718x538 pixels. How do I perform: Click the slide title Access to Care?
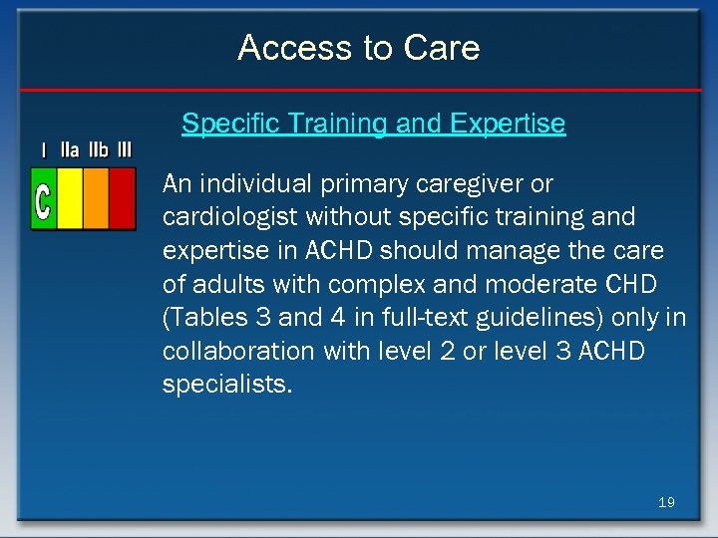point(359,48)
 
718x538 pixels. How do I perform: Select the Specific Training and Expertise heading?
point(373,124)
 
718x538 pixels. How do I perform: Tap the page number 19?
point(666,502)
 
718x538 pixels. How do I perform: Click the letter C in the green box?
point(43,199)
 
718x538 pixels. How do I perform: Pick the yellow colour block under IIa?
point(70,198)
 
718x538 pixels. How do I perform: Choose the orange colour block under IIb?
point(96,198)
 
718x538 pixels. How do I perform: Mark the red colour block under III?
point(122,198)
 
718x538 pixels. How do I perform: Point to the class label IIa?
point(70,150)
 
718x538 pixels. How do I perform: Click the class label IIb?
point(98,150)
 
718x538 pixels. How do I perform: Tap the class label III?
point(124,150)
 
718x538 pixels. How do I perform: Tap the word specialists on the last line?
point(227,385)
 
